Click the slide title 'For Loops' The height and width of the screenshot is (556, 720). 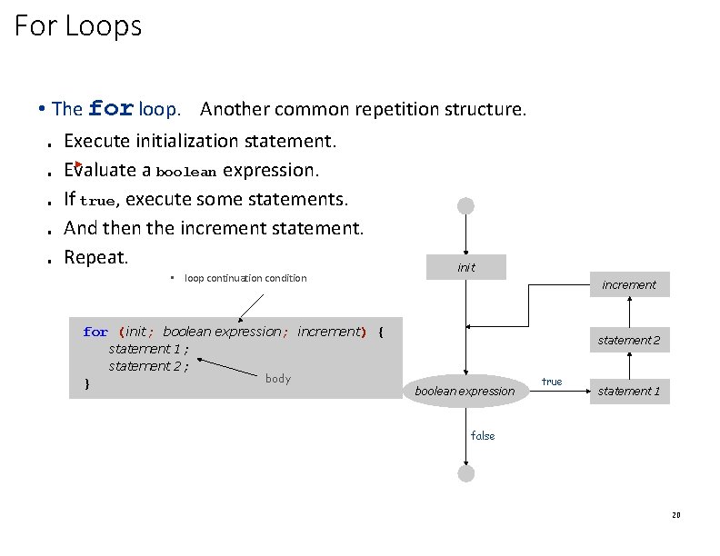click(x=78, y=26)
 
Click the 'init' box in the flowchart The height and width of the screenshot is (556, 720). click(x=466, y=267)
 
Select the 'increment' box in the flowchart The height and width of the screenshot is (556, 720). click(x=628, y=284)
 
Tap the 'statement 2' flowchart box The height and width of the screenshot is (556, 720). click(x=628, y=340)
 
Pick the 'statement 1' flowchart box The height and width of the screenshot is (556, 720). click(x=628, y=392)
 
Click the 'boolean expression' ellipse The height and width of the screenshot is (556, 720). click(x=465, y=392)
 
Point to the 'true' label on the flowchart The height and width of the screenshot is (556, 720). click(x=552, y=382)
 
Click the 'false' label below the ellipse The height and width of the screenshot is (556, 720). click(x=483, y=436)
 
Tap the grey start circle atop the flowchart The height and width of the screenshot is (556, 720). click(x=466, y=206)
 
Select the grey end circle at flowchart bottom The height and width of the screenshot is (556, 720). click(x=466, y=473)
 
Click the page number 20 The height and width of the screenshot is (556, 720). click(x=675, y=515)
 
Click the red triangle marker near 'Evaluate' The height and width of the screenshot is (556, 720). click(x=78, y=167)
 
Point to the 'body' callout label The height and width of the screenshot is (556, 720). click(x=277, y=379)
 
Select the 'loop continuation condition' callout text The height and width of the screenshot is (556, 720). click(x=245, y=278)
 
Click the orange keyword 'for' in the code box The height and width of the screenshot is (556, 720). click(x=95, y=333)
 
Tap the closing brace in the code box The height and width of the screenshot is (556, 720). click(x=86, y=383)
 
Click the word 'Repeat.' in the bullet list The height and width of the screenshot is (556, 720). click(x=96, y=256)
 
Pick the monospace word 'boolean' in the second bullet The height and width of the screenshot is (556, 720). click(x=186, y=172)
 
